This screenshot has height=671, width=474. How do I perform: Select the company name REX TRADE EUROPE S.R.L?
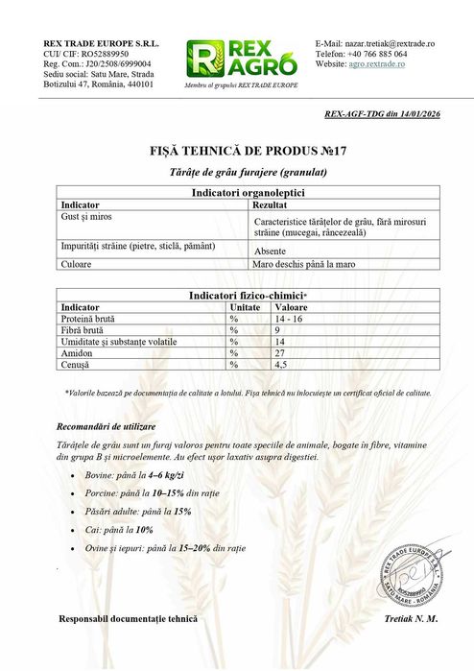pos(102,44)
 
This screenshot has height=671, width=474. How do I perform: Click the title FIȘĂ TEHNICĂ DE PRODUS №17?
pos(236,152)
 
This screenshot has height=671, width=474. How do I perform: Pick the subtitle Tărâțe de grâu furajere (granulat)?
pos(236,172)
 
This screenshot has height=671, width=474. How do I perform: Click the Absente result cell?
pos(271,250)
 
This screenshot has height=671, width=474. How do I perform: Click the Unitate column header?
pos(245,306)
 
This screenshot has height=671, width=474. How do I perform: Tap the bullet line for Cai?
pos(124,530)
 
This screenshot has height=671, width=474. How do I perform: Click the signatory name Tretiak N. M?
pos(410,619)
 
